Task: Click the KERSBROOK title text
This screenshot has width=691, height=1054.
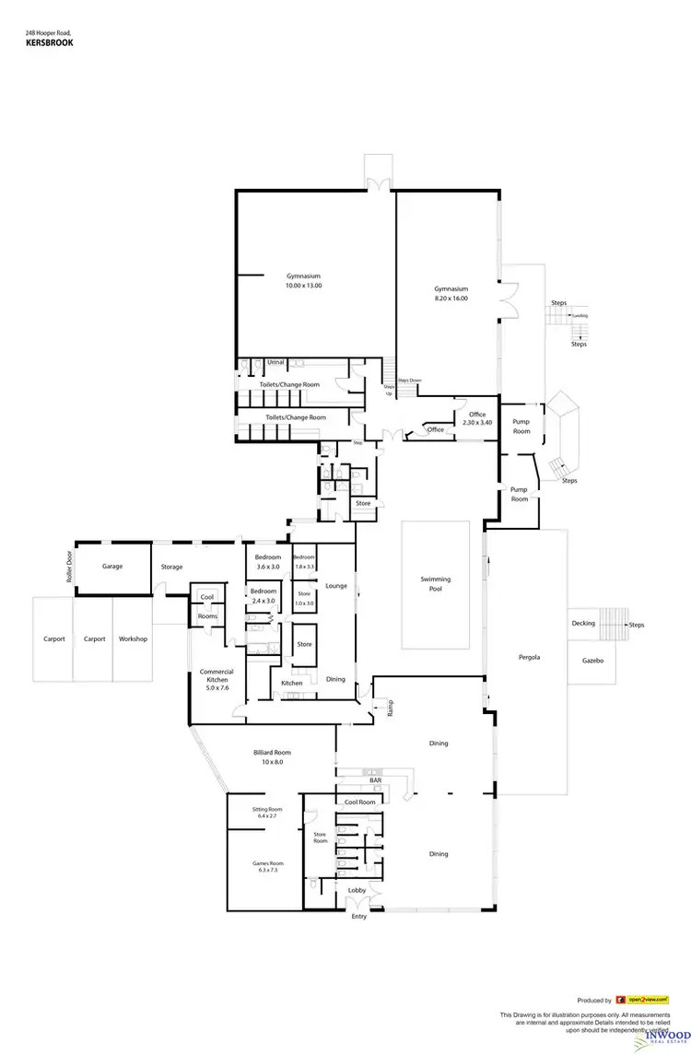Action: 50,41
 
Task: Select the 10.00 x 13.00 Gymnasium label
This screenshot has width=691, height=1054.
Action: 303,281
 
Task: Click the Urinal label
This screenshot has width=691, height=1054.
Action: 275,362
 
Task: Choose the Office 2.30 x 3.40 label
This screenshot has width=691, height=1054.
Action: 476,418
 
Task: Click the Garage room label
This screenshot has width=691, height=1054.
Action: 112,567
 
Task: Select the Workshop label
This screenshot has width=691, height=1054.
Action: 133,638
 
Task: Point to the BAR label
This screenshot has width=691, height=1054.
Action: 375,780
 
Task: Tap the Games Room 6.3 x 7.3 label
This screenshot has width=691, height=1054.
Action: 264,866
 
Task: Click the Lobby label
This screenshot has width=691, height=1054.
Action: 357,890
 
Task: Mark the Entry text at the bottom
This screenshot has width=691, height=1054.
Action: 358,917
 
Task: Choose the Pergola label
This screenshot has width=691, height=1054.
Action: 528,658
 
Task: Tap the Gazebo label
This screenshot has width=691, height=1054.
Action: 591,661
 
